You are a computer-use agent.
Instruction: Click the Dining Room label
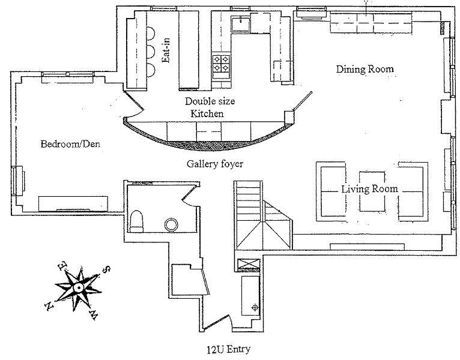tap(364, 69)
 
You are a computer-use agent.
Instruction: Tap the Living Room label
tap(369, 189)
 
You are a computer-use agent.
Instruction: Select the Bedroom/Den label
tap(70, 144)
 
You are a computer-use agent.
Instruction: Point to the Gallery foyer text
tap(214, 163)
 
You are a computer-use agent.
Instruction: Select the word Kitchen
tap(207, 113)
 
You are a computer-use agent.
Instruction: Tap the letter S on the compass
tap(106, 270)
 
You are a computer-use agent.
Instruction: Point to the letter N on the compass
tap(49, 307)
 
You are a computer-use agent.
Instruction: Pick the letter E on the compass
tap(60, 264)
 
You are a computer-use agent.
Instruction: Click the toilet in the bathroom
tap(136, 220)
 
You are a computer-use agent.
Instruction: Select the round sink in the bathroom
tap(172, 224)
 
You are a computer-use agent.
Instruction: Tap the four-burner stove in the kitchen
tap(220, 64)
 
